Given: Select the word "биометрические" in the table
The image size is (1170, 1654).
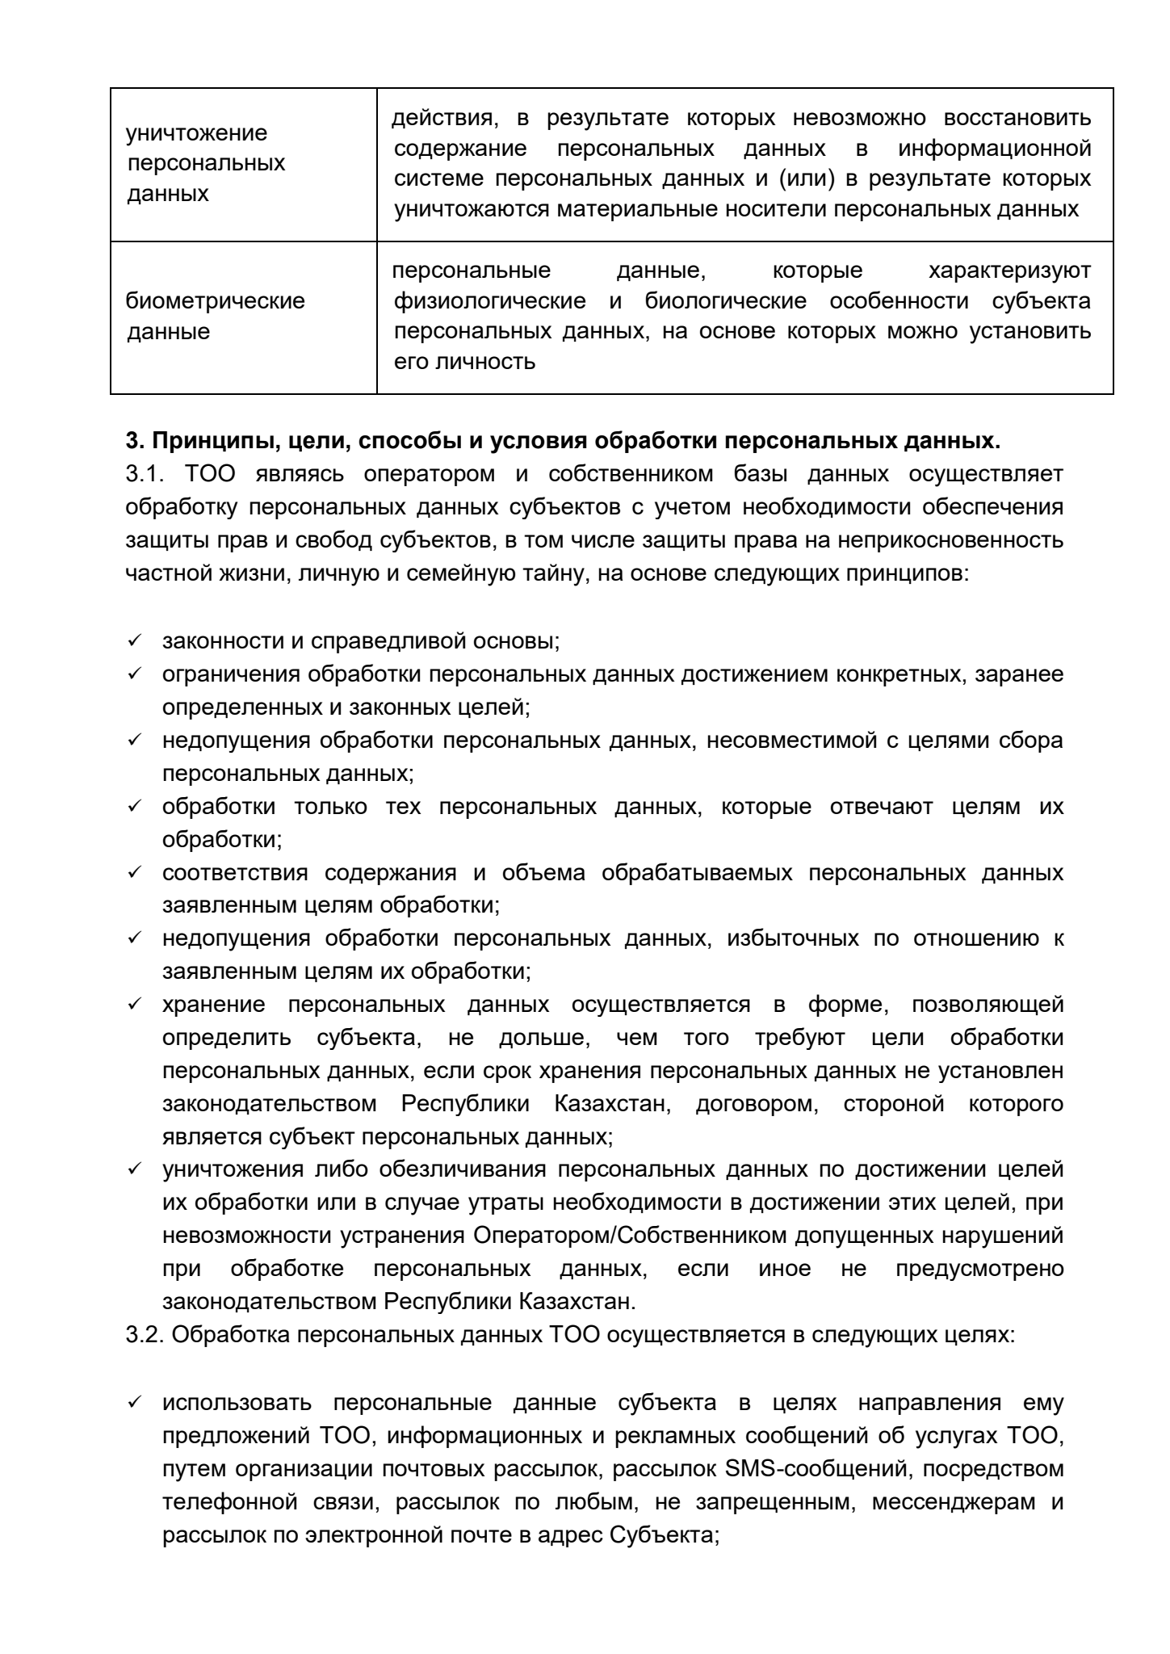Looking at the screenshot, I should pyautogui.click(x=216, y=301).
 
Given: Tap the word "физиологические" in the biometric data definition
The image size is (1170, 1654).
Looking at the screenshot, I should pyautogui.click(x=490, y=301).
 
